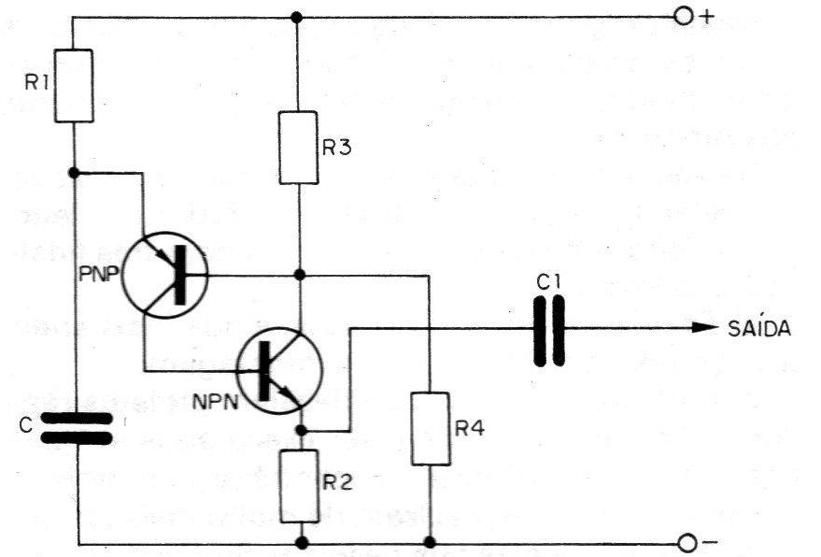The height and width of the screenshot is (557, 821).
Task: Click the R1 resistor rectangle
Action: click(74, 86)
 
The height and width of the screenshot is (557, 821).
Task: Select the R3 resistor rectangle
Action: click(298, 148)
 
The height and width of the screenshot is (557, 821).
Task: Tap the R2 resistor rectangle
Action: click(299, 486)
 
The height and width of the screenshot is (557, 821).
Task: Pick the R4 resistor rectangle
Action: click(430, 429)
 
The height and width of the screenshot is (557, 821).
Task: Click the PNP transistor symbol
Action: click(165, 275)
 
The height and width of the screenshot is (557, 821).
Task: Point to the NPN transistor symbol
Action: click(279, 370)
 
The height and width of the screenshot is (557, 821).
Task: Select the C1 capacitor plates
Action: click(549, 330)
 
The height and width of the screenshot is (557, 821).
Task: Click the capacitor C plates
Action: click(77, 428)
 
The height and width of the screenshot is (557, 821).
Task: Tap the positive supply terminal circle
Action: click(684, 18)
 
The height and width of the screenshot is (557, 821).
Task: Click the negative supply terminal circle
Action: click(687, 543)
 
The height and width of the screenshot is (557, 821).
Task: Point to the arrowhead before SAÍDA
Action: click(706, 328)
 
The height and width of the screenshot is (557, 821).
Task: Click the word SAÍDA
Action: click(759, 328)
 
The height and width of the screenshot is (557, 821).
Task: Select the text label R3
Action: click(336, 149)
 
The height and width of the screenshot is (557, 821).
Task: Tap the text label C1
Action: click(548, 283)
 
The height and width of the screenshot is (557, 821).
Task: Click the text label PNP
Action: click(99, 274)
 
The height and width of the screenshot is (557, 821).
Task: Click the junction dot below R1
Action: click(74, 172)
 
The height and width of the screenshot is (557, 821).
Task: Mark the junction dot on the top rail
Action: click(297, 18)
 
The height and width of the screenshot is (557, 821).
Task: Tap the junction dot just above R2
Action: click(301, 431)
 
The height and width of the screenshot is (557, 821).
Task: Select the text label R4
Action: click(470, 429)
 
